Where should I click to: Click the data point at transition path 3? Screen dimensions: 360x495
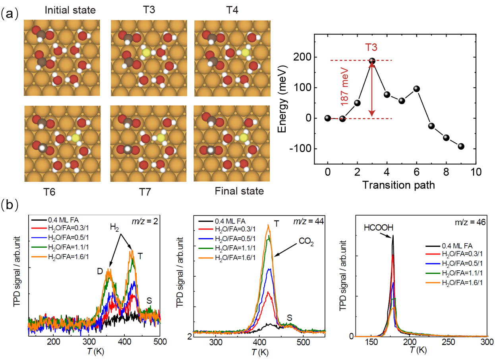[372, 61]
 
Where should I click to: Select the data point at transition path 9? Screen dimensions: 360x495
[461, 146]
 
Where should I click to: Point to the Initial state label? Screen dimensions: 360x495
[70, 10]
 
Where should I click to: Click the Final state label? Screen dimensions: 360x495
[239, 191]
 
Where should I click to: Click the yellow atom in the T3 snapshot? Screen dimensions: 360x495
[146, 53]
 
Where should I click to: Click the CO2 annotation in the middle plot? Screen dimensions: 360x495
[307, 243]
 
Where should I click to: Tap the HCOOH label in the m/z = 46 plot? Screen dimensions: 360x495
[376, 227]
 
